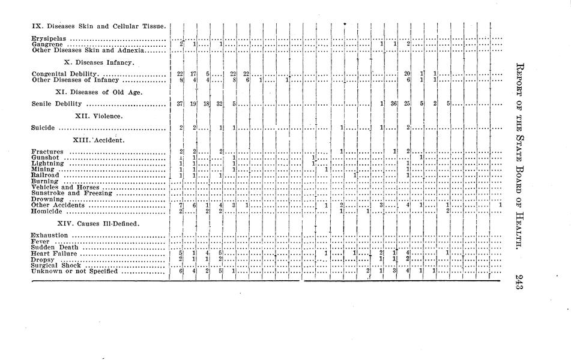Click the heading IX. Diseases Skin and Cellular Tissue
point(98,26)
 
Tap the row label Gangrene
point(47,44)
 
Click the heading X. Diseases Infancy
point(98,62)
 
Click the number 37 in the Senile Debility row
point(180,104)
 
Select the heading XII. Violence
point(98,115)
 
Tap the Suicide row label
point(43,128)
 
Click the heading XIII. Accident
point(98,140)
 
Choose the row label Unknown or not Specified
point(74,272)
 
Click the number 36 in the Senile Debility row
point(394,104)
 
